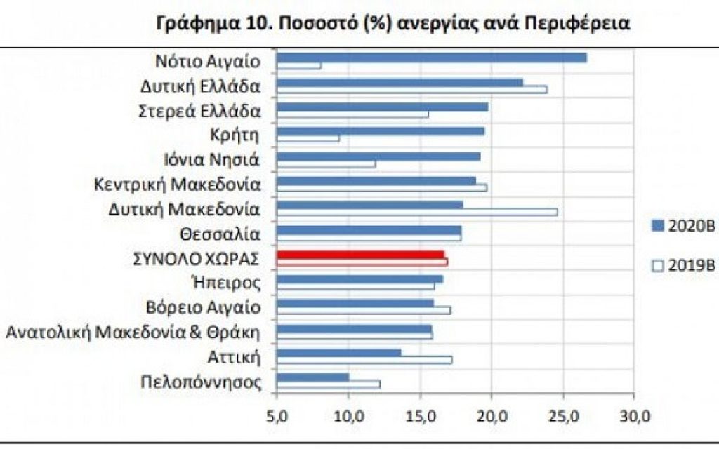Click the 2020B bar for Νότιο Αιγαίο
[431, 58]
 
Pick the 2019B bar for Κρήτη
[308, 138]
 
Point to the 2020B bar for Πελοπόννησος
[312, 377]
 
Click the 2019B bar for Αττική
[364, 360]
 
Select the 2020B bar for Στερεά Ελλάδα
[382, 107]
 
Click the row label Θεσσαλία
[228, 234]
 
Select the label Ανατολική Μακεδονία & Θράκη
[133, 332]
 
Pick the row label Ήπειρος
[231, 283]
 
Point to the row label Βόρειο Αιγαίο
[204, 308]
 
